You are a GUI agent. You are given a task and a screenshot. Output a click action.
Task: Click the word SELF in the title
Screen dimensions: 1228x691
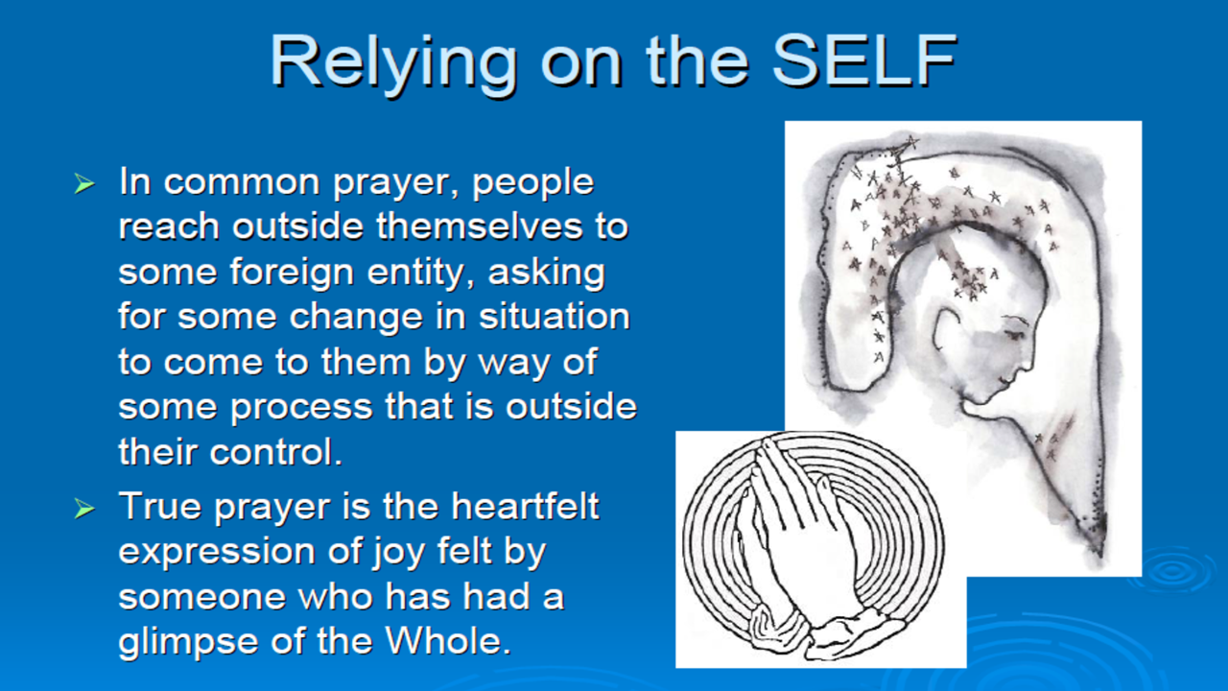point(864,60)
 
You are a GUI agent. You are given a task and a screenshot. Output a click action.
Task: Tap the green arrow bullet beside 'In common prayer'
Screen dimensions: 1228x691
point(84,183)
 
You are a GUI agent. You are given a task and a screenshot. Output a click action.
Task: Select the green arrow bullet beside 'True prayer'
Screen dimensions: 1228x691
point(84,509)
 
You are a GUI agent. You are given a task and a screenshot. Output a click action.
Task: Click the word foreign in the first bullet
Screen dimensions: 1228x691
point(292,273)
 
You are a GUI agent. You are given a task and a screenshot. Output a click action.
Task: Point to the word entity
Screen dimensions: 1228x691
point(420,273)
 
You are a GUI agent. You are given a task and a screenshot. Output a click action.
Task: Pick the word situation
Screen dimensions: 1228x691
point(555,317)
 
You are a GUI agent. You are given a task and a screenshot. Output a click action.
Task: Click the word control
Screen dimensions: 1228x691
point(276,452)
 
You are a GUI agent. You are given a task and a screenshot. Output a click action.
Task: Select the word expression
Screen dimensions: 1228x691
point(216,553)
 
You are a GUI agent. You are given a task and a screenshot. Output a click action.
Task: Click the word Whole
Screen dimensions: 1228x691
point(448,639)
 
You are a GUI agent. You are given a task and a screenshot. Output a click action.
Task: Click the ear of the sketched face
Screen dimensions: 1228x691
point(947,329)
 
